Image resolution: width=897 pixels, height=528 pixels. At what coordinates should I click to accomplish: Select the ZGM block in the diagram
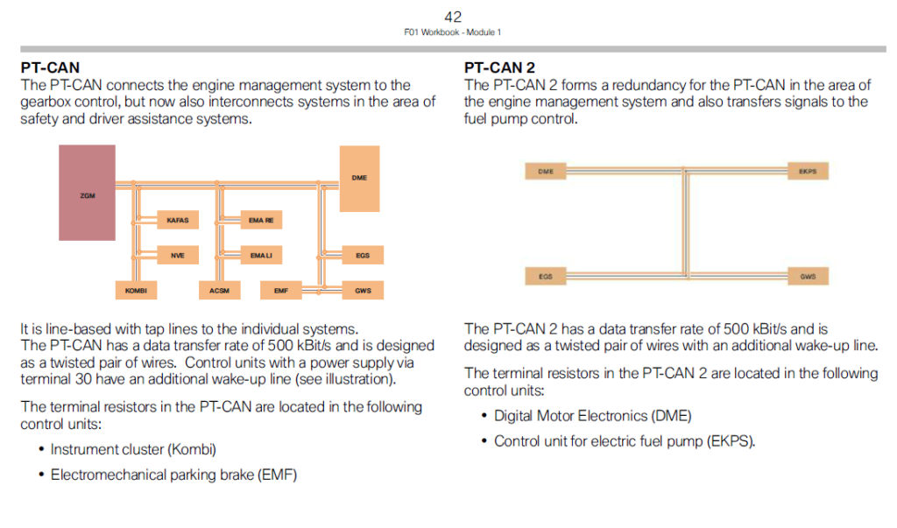coord(87,194)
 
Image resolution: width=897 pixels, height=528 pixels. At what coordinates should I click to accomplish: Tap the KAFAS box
coord(177,221)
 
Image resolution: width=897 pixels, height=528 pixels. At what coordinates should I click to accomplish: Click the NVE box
coord(177,256)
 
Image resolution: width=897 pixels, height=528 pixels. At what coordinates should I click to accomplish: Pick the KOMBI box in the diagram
coord(136,290)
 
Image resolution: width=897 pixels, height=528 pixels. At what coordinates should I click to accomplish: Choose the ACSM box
coord(219,290)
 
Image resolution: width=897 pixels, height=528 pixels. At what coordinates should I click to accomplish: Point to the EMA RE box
coord(261,221)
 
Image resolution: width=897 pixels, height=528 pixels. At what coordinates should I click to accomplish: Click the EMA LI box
coord(261,256)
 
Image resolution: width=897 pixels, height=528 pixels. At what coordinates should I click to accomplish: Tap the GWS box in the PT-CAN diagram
coord(362,290)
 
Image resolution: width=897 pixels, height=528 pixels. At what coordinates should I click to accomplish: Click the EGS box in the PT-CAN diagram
coord(362,256)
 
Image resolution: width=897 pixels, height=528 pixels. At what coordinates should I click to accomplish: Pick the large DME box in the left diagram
coord(359,179)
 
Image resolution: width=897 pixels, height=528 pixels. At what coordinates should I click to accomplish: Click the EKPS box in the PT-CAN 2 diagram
coord(807,172)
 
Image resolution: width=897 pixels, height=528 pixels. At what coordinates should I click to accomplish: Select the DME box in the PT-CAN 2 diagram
coord(546,172)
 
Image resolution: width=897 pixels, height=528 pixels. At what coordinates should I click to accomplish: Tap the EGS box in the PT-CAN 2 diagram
coord(545,277)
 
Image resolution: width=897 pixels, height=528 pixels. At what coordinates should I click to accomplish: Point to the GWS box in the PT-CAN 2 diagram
coord(807,277)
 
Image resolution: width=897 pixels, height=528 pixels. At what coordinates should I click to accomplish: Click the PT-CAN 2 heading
coord(499,67)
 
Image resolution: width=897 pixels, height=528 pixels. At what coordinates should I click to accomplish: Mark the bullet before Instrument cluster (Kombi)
coord(41,450)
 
